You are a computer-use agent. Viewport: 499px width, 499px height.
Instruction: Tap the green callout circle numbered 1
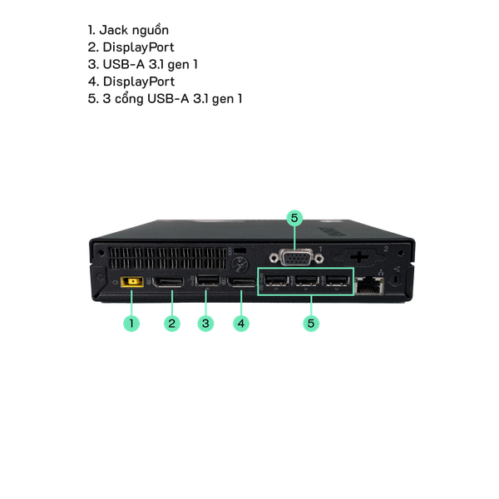(131, 323)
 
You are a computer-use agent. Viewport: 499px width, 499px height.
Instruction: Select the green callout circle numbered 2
(171, 323)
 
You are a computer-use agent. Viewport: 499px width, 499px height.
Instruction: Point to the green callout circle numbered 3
(206, 323)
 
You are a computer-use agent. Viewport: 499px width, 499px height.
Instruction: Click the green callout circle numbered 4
(241, 323)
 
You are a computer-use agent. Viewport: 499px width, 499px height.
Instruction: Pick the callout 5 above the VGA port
(294, 219)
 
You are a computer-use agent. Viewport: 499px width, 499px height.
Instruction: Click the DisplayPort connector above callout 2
(171, 284)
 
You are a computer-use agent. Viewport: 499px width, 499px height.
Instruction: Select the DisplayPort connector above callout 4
(242, 285)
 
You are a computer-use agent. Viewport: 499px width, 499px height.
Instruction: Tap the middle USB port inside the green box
(307, 284)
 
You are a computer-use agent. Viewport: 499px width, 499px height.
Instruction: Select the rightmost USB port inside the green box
(336, 284)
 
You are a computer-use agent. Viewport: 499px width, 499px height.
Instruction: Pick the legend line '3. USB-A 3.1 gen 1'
(142, 64)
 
